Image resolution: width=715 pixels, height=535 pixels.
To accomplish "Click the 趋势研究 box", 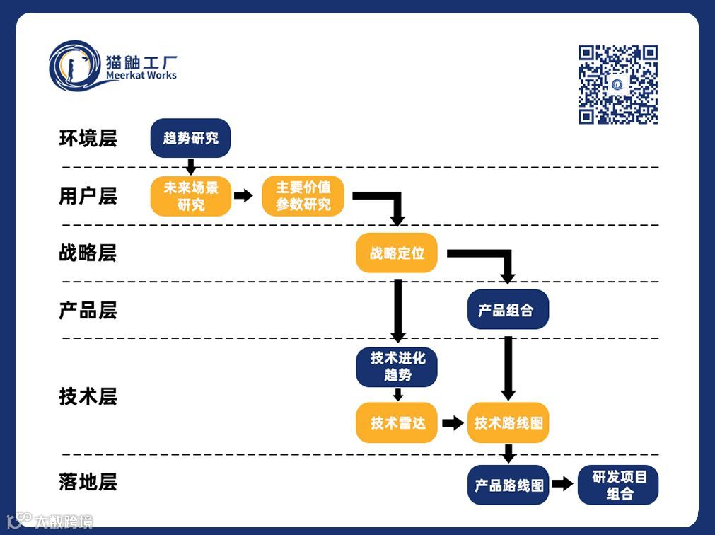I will coord(190,138).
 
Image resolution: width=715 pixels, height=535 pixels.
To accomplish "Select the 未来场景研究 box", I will coord(190,196).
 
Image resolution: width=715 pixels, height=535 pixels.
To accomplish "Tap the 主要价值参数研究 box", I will coord(303,196).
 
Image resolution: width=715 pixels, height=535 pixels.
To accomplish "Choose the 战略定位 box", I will coord(397,253).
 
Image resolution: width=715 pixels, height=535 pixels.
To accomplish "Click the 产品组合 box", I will coord(508,309).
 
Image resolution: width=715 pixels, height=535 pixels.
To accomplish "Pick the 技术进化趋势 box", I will coord(397,367).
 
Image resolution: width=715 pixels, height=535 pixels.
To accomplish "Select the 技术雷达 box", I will coord(397,422).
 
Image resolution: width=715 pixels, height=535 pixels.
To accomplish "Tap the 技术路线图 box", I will coord(508,422).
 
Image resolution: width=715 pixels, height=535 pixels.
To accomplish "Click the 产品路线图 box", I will coord(508,485).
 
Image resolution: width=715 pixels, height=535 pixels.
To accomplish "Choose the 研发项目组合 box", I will coord(618,485).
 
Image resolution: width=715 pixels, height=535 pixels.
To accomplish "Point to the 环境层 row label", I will coord(88,139).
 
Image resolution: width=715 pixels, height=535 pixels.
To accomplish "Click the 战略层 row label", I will coord(88,253).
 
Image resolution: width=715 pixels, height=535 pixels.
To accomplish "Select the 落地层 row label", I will coord(88,483).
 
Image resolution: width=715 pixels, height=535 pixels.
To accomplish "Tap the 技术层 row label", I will coord(88,396).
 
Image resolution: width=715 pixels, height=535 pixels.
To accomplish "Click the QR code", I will coord(618,84).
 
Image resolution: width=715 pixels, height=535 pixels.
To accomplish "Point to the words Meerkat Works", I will coord(141,76).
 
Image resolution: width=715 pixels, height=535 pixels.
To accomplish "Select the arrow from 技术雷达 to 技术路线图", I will coord(452,423).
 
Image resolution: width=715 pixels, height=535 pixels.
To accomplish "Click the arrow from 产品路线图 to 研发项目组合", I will coord(562,484).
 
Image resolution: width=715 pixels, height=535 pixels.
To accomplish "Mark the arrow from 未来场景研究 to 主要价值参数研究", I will coord(243,196).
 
